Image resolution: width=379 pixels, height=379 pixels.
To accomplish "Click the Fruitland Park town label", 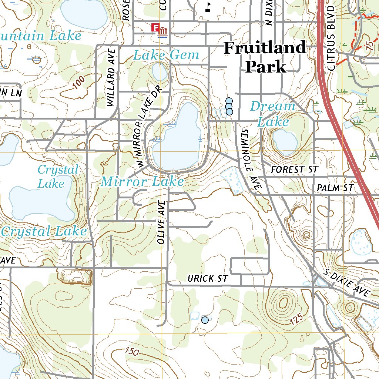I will [265, 57].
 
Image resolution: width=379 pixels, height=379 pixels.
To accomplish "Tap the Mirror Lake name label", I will [142, 181].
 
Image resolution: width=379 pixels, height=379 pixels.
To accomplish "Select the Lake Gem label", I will [166, 56].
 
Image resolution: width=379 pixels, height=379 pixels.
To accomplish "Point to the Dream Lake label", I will [273, 114].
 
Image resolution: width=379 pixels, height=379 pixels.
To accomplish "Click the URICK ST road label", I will [208, 278].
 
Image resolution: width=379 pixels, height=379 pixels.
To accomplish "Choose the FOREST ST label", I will [294, 170].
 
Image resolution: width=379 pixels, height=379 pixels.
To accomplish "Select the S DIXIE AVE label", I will [346, 283].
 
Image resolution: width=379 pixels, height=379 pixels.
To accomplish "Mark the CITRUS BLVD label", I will [331, 38].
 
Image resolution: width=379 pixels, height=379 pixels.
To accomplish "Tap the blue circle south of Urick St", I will [205, 320].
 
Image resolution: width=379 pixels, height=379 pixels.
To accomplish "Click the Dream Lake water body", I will [285, 142].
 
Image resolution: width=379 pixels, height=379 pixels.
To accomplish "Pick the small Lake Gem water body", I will [160, 72].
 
